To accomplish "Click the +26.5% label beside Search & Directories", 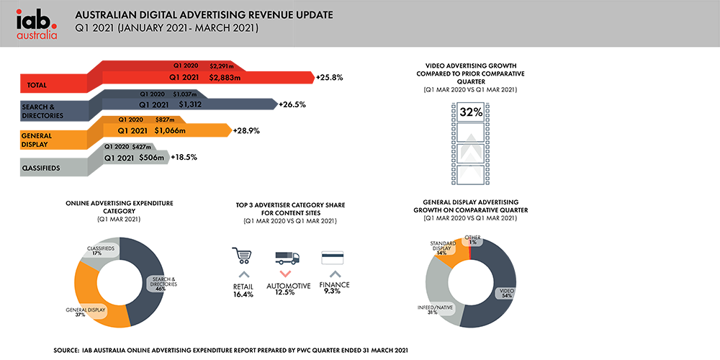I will pyautogui.click(x=292, y=104).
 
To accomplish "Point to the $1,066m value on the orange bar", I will pyautogui.click(x=167, y=131).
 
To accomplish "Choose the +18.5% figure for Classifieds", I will pyautogui.click(x=184, y=157).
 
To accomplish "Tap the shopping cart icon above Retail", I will pyautogui.click(x=242, y=256).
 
